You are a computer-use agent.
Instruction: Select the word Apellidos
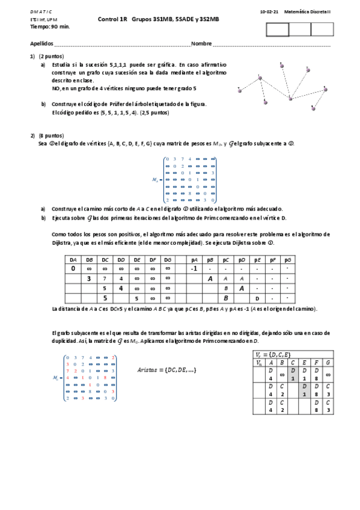pyautogui.click(x=41, y=44)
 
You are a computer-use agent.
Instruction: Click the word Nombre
pyautogui.click(x=201, y=44)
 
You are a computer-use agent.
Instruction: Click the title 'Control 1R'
pyautogui.click(x=113, y=19)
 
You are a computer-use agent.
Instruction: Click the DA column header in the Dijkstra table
pyautogui.click(x=73, y=259)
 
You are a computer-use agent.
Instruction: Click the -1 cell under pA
pyautogui.click(x=194, y=268)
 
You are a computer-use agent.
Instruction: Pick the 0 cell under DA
pyautogui.click(x=73, y=268)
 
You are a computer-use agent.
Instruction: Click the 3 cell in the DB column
pyautogui.click(x=89, y=278)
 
